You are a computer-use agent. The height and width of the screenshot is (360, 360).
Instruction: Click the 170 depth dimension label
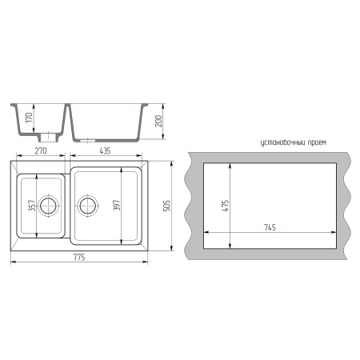(x=30, y=118)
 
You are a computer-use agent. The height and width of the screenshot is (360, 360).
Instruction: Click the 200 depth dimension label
(x=158, y=121)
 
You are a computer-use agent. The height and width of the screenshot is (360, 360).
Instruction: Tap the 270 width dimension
(x=41, y=151)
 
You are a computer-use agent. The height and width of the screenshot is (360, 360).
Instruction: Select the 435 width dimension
(x=105, y=151)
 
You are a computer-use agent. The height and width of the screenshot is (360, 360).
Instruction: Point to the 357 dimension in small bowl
(x=32, y=206)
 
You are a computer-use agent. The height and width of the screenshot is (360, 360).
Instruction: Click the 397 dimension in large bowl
(x=117, y=205)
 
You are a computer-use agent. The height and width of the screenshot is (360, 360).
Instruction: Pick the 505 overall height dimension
(x=166, y=206)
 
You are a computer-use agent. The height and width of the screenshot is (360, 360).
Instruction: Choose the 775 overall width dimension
(x=79, y=258)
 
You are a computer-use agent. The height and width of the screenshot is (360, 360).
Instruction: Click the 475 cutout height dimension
(x=226, y=206)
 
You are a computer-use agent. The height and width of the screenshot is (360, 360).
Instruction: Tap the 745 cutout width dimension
(x=270, y=227)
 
